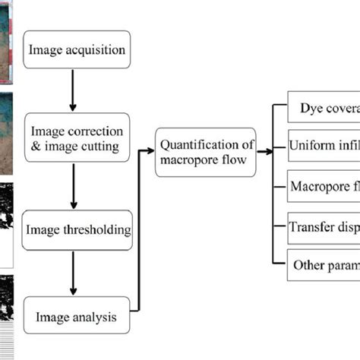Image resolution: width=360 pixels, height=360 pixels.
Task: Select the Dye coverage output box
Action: tap(324, 109)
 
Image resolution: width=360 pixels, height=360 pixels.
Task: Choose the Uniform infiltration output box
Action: tap(324, 146)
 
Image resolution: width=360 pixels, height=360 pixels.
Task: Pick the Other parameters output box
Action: tap(324, 265)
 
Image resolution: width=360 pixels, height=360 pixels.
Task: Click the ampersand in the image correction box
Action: tap(31, 148)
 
